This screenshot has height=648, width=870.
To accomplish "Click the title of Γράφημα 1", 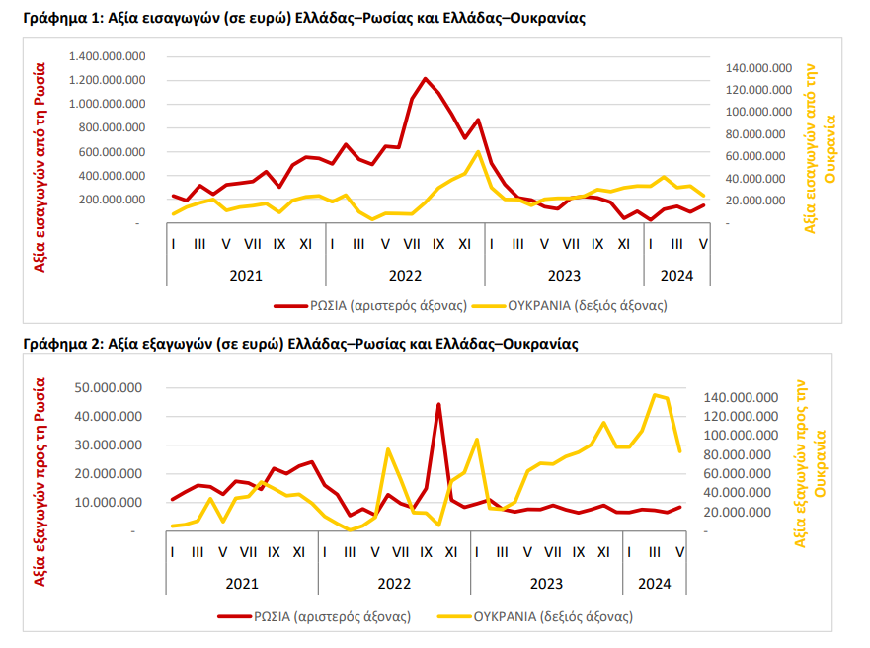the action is [304, 19].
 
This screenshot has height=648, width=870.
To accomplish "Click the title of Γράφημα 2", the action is [300, 344].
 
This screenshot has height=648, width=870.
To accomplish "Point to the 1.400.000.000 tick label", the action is [107, 56].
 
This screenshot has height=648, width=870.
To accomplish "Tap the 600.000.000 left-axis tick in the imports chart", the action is [112, 151].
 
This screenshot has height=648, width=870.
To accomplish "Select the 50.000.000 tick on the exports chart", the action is [109, 387].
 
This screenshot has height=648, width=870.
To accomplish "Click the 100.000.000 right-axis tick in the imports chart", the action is [758, 112].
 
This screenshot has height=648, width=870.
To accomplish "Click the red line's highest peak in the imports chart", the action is [425, 79].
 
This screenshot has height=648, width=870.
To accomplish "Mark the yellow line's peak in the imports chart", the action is [478, 151].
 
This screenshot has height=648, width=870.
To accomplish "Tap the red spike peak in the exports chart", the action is [438, 404].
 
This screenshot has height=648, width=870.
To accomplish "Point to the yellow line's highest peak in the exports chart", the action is [656, 395].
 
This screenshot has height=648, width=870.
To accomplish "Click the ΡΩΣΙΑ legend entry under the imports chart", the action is [370, 305].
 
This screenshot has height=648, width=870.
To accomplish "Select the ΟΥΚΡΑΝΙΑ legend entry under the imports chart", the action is [572, 305].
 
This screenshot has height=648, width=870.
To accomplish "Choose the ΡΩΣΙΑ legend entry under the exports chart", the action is [314, 616].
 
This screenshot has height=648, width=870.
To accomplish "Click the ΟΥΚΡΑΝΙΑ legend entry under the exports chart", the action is [535, 616].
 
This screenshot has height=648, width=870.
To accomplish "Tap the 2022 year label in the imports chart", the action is [405, 276].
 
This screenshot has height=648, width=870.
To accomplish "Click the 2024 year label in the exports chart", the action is [654, 584].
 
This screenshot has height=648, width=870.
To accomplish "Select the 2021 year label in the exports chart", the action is [242, 584].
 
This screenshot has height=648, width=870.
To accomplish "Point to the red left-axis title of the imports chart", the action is [40, 167].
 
